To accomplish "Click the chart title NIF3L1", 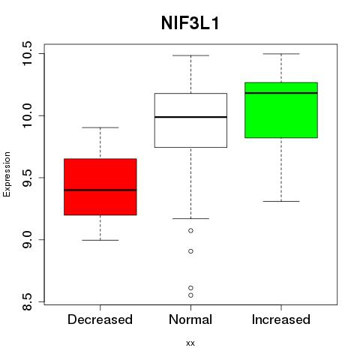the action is pyautogui.click(x=190, y=23).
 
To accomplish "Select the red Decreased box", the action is pyautogui.click(x=100, y=187).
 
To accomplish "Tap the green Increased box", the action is pyautogui.click(x=281, y=110).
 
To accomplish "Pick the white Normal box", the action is pyautogui.click(x=190, y=120).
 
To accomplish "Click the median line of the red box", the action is pyautogui.click(x=100, y=190).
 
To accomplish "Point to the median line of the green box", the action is pyautogui.click(x=281, y=93).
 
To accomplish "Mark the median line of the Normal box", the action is pyautogui.click(x=190, y=117).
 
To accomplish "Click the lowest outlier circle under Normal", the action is pyautogui.click(x=190, y=295).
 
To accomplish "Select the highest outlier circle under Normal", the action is pyautogui.click(x=190, y=230).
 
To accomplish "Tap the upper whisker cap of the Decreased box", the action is pyautogui.click(x=100, y=127).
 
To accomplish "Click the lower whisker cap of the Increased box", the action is pyautogui.click(x=281, y=201).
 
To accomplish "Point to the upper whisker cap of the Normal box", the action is pyautogui.click(x=190, y=55).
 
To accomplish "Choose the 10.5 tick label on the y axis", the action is pyautogui.click(x=26, y=53).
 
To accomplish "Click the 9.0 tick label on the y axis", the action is pyautogui.click(x=26, y=239).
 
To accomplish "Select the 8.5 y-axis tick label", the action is pyautogui.click(x=26, y=301).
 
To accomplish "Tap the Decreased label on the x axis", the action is pyautogui.click(x=100, y=319).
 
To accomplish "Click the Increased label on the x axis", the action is pyautogui.click(x=281, y=319).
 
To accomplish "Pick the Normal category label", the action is pyautogui.click(x=190, y=319).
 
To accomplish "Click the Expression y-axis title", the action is pyautogui.click(x=7, y=175).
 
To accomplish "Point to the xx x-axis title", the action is pyautogui.click(x=190, y=343).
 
